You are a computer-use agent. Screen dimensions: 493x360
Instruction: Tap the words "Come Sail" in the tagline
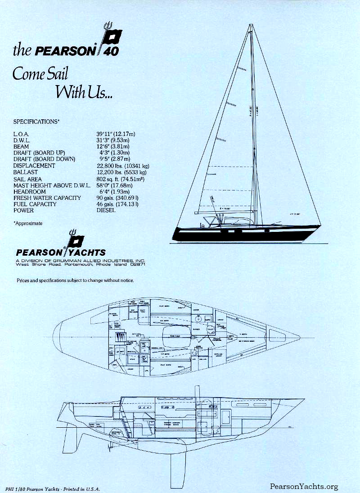point(40,73)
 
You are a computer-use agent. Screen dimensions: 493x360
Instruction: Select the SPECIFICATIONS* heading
point(36,122)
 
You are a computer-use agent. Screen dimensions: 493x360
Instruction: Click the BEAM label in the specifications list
point(21,147)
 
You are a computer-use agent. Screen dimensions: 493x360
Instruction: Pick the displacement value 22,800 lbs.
point(111,166)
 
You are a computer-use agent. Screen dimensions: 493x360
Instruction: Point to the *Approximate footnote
point(28,223)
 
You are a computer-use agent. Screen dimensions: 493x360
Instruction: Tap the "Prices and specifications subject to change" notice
point(75,280)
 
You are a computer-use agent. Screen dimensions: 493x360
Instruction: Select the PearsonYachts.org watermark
point(304,486)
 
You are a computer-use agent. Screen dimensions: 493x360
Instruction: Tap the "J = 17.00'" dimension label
point(294,214)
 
